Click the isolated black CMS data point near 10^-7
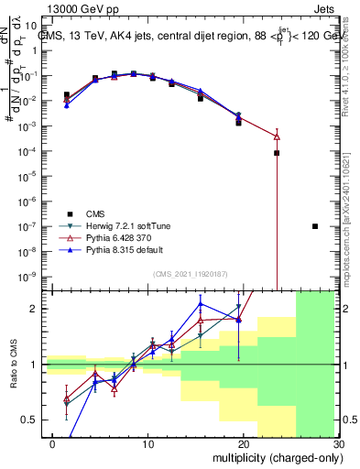315,226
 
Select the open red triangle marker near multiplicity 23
277,136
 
